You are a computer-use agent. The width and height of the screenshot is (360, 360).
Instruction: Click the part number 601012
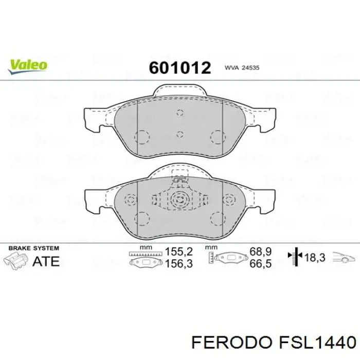(180, 68)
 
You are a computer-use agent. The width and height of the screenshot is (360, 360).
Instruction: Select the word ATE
(46, 261)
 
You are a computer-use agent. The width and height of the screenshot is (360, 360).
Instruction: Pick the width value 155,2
(178, 252)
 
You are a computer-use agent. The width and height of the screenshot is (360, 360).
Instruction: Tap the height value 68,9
(260, 252)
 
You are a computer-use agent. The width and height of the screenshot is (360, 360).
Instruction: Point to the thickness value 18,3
(315, 258)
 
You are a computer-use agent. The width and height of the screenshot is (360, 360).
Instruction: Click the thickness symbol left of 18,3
(296, 257)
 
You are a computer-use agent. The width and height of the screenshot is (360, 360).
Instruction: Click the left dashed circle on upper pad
(141, 137)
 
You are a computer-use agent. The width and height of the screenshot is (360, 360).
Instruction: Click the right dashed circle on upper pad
(219, 137)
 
